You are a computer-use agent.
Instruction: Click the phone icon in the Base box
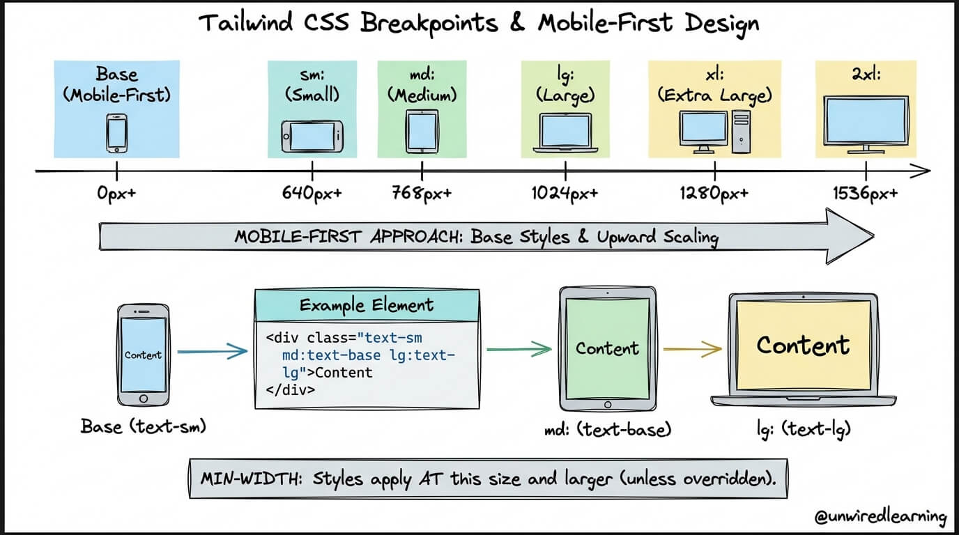coord(116,132)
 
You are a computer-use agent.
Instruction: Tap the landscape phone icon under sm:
coord(312,135)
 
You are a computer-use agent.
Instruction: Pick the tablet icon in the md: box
coord(422,130)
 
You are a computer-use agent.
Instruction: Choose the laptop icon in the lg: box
coord(565,133)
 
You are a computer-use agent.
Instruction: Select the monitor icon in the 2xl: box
coord(866,124)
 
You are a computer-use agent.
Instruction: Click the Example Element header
coord(367,305)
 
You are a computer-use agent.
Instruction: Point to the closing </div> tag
coord(291,390)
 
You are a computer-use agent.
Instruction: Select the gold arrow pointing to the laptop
coord(691,348)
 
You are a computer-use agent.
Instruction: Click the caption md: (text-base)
coord(607,429)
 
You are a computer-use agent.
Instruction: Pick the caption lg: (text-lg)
coord(803,429)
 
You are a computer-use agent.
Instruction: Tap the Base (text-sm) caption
coord(144,426)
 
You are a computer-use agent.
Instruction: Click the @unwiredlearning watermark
coord(880,517)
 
